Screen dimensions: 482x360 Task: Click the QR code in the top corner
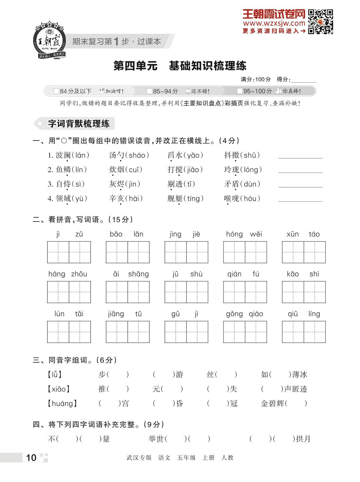320,22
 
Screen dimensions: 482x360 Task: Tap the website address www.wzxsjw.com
274,23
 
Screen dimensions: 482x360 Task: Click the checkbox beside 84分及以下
56,91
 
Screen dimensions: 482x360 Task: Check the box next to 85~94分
149,91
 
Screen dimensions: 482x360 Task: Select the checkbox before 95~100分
240,91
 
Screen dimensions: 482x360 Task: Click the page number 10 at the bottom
31,458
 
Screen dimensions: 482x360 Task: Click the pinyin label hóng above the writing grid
234,234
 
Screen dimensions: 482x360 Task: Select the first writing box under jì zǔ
58,252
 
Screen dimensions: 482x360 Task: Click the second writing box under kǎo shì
315,292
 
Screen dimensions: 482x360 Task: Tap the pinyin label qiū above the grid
293,314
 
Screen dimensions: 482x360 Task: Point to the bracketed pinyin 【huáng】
62,404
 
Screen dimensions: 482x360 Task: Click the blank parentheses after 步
118,374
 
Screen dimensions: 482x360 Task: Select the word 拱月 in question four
303,439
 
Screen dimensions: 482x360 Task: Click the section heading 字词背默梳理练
79,123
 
